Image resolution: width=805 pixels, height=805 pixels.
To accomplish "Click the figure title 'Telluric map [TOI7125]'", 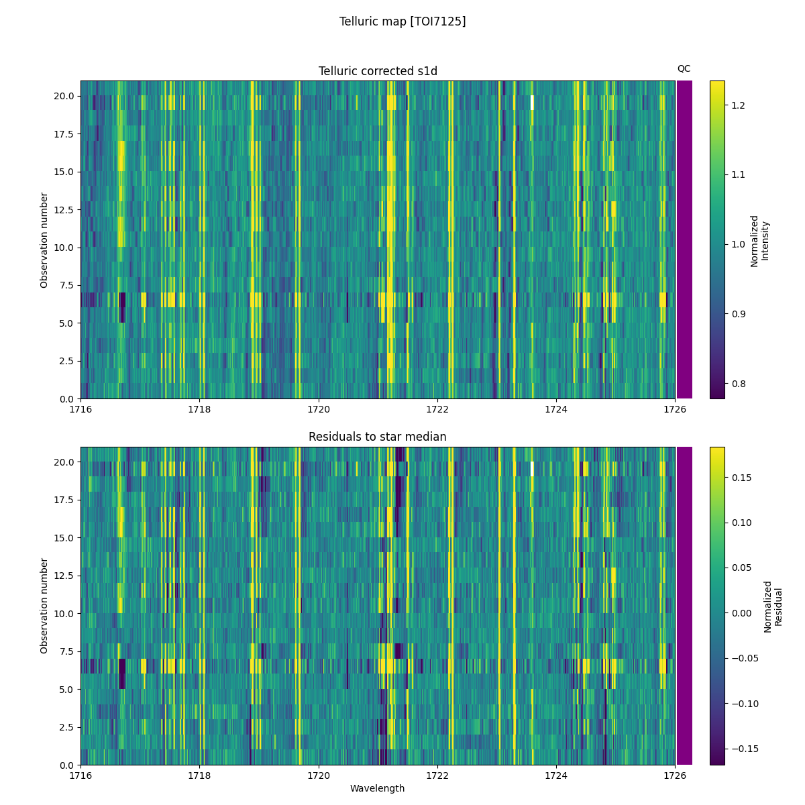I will point(402,21).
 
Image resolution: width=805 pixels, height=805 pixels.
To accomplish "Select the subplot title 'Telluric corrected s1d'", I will point(378,71).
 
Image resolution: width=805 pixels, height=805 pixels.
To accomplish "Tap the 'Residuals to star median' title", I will point(378,437).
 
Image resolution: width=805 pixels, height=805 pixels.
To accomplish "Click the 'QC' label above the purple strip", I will point(684,68).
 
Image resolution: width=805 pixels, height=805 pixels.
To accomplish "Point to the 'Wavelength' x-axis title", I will point(378,788).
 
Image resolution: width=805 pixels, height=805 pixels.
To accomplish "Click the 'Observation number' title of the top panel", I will point(44,240).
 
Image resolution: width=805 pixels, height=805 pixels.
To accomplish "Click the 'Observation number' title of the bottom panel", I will point(44,606).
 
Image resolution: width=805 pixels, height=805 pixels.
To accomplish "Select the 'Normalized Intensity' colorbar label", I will point(759,241).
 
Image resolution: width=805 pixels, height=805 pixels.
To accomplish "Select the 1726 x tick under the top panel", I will point(675,409).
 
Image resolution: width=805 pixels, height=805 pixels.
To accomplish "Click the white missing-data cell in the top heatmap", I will point(532,103).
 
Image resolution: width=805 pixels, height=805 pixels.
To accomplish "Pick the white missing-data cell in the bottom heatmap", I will point(532,468).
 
